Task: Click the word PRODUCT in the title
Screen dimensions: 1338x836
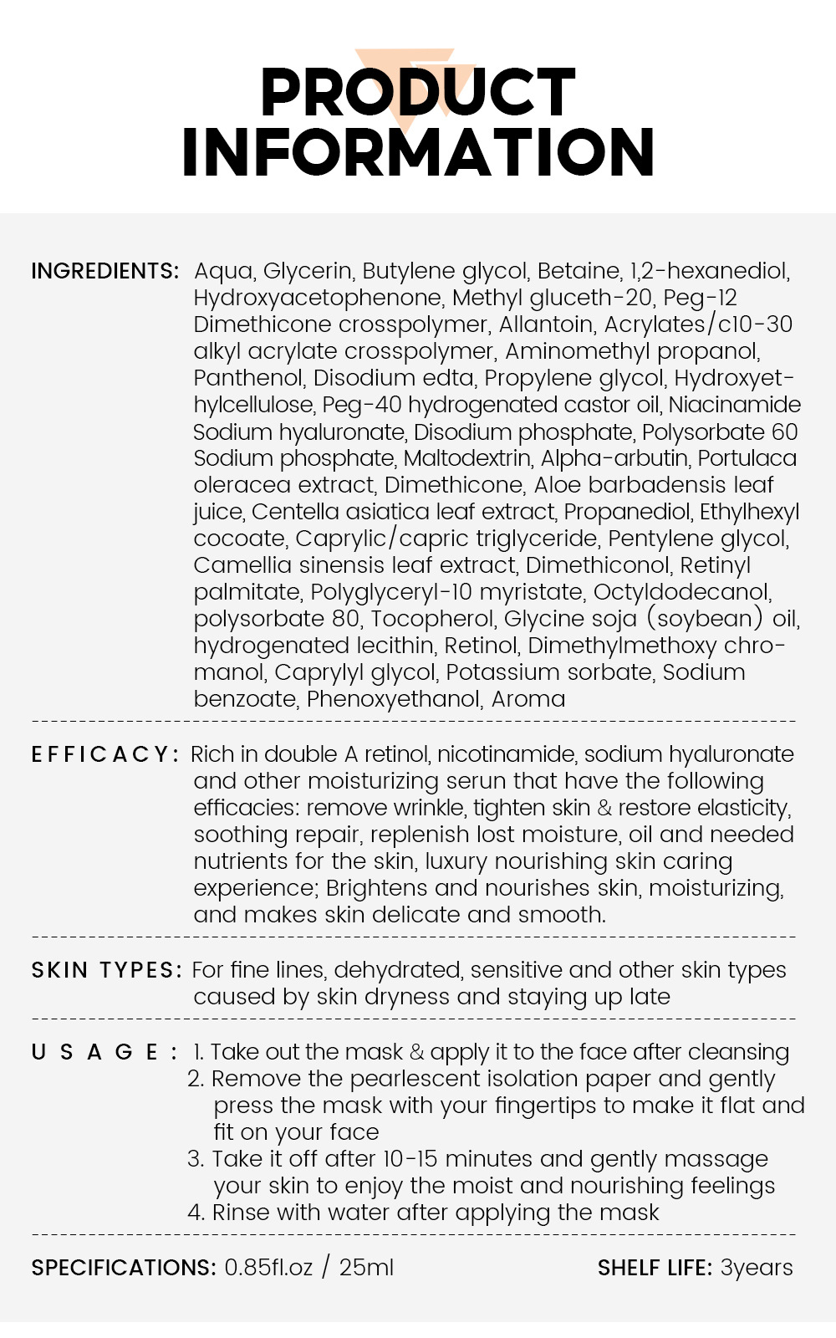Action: coord(418,92)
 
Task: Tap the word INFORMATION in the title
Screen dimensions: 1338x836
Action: coord(418,152)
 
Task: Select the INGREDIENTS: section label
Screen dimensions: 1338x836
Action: coord(105,271)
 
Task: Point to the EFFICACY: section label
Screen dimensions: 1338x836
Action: coord(105,754)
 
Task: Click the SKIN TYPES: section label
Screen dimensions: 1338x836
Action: coord(107,970)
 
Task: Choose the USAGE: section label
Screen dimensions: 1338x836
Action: coord(104,1052)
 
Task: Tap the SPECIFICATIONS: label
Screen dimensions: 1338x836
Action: coord(124,1268)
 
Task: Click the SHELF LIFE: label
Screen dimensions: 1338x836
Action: coord(655,1268)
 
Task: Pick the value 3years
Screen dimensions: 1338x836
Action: coord(757,1268)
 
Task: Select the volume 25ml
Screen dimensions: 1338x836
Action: coord(366,1268)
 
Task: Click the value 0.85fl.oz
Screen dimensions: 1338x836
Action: coord(268,1268)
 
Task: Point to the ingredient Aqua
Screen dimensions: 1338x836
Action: coord(224,271)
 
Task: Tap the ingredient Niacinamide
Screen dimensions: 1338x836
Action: coord(735,405)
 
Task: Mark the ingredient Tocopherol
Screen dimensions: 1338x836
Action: coord(433,619)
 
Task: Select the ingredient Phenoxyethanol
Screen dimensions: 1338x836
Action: coord(395,699)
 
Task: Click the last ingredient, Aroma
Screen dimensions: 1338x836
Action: coord(528,699)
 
